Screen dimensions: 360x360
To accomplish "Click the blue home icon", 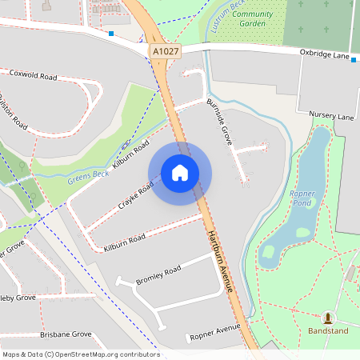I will pos(180,173).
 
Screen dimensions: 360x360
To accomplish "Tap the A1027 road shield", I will pos(166,51).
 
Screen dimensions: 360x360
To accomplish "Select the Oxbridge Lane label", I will pos(323,56).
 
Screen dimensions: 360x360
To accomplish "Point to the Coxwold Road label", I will pos(33,76).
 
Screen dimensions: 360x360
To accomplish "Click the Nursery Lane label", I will pos(330,117).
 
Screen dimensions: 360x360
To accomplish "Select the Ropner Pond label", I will pos(302,199).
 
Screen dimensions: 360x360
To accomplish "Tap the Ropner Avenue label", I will pos(215,332).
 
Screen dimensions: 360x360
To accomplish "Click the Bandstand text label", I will pos(328,330).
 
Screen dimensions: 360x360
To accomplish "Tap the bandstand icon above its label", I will pos(328,318).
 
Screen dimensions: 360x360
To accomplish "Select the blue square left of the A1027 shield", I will pos(110,34).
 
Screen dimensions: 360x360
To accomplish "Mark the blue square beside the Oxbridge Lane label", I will pos(354,58).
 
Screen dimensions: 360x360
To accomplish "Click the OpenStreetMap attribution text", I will pos(81,354).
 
